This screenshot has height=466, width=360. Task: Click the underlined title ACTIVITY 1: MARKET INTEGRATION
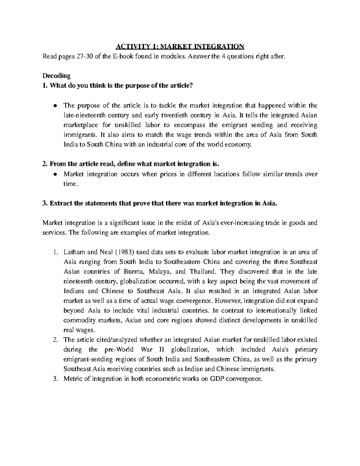pos(180,47)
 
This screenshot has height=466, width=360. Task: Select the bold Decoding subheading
pos(56,76)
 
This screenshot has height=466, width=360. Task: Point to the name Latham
pos(73,252)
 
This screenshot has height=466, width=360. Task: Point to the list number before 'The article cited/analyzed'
pos(55,340)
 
